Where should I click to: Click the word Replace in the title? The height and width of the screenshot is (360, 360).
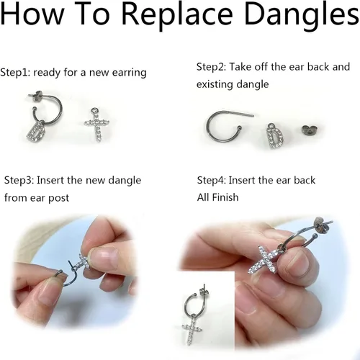point(177,14)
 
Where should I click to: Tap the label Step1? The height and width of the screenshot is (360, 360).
point(15,72)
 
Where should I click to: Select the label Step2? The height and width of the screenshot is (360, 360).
point(211,67)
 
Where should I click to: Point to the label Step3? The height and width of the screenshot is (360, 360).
point(19,180)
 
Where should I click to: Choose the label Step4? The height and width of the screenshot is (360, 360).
point(212,180)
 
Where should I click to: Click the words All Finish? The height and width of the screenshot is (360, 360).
point(217,197)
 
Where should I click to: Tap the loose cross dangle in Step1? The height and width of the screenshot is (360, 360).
point(97,125)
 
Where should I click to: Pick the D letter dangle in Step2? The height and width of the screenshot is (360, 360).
point(274,135)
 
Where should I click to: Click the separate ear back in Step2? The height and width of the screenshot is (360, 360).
point(311,130)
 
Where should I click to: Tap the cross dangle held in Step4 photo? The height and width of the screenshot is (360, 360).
point(264,260)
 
